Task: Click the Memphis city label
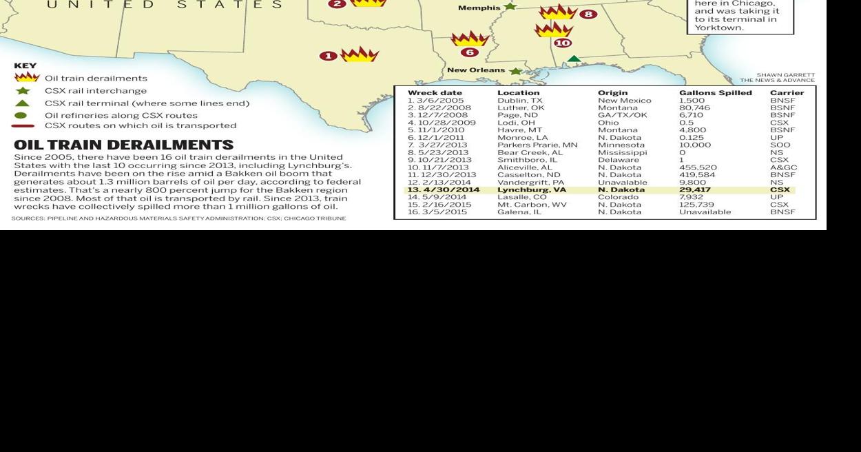[479, 8]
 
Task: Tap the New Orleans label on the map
[476, 70]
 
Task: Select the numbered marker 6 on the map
[470, 52]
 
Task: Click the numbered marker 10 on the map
[563, 43]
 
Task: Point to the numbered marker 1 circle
[329, 56]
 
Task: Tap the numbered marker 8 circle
[588, 14]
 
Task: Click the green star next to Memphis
[510, 7]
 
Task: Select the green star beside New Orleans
[515, 71]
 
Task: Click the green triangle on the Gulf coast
[574, 59]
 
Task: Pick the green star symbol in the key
[23, 91]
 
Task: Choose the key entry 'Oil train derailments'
[96, 79]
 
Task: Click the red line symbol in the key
[23, 126]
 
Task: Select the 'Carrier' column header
[787, 93]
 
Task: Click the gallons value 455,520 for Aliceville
[698, 167]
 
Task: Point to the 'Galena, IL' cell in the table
[519, 212]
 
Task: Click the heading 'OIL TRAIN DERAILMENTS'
[123, 145]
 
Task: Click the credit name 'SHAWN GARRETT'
[785, 75]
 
